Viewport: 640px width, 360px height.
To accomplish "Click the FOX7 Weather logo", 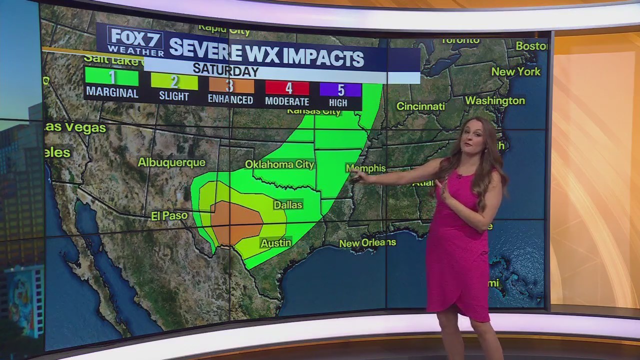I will coord(135,40).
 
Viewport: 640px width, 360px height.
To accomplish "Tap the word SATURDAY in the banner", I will coord(225,70).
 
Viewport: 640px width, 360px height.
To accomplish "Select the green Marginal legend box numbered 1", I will coord(112,77).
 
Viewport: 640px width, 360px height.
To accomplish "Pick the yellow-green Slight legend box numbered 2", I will coord(174,81).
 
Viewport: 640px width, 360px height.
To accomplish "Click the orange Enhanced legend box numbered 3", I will coord(230,85).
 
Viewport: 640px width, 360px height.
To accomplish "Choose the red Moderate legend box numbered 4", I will coord(287,88).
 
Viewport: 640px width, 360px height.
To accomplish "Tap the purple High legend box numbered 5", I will coord(340,90).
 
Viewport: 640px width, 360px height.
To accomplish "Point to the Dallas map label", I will coord(288,205).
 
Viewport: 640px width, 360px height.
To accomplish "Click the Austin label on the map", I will coord(275,243).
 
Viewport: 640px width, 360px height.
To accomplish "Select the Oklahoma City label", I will coord(279,164).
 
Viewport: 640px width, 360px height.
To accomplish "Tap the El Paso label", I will coord(169,216).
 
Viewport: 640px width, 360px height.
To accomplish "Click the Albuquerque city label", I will coord(171,162).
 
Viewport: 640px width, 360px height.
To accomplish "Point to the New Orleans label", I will coord(367,243).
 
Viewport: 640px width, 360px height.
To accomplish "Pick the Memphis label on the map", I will coord(365,168).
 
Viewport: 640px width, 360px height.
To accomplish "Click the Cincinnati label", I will coord(420,106).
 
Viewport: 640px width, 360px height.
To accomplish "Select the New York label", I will coord(516,72).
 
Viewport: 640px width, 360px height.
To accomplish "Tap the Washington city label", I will coord(495,100).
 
